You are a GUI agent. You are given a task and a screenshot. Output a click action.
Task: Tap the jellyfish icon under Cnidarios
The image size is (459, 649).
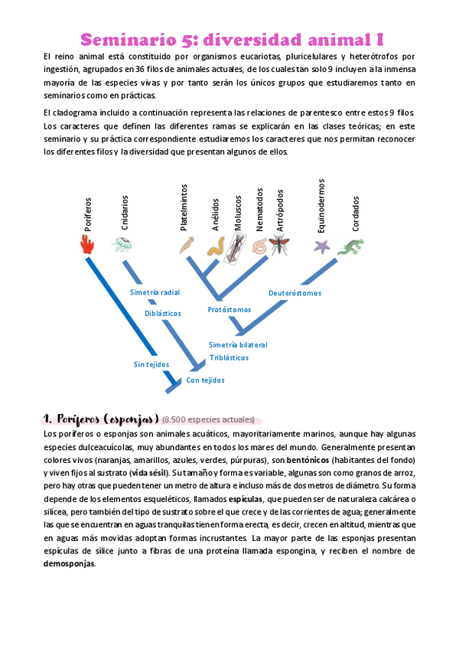point(122,245)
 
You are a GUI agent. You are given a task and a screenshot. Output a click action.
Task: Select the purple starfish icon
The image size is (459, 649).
point(321,246)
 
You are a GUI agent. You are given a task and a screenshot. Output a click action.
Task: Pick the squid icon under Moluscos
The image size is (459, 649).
point(236,246)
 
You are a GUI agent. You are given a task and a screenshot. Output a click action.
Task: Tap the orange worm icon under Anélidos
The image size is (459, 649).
point(216,246)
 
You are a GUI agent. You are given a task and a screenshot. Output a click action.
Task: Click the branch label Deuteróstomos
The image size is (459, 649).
point(295,293)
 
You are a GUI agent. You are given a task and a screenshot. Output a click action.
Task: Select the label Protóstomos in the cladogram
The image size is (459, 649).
point(229,310)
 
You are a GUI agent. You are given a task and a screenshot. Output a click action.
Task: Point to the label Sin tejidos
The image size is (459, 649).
point(151,364)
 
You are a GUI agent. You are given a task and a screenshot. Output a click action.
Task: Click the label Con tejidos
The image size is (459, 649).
point(205,380)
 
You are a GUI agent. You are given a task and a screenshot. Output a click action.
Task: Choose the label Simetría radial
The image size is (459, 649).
point(155,292)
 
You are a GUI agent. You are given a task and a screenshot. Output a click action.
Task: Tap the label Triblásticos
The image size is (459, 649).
point(229,357)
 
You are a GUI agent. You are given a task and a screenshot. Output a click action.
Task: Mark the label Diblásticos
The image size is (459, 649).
point(163,313)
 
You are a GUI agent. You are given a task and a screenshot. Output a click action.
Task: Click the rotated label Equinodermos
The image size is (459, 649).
point(321,205)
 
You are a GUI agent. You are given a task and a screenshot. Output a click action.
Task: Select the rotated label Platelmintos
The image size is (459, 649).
point(184,207)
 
